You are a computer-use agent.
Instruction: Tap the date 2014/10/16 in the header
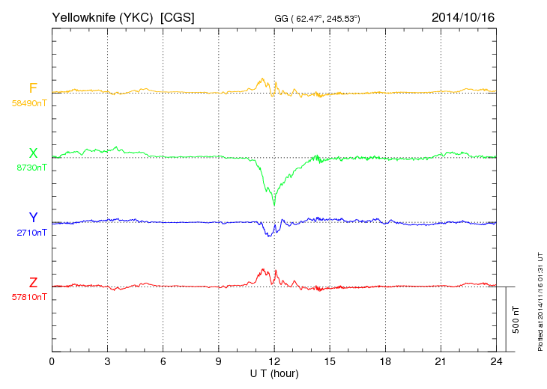pyautogui.click(x=462, y=17)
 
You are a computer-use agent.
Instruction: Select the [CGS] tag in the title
pyautogui.click(x=178, y=17)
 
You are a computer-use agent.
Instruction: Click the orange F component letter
pyautogui.click(x=33, y=88)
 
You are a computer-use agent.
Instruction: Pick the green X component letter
pyautogui.click(x=33, y=153)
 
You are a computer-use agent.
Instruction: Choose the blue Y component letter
pyautogui.click(x=33, y=218)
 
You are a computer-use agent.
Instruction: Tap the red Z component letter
pyautogui.click(x=33, y=282)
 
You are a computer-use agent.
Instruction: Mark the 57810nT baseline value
pyautogui.click(x=28, y=297)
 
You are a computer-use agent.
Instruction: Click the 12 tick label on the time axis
pyautogui.click(x=274, y=362)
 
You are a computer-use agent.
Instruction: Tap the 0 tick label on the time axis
pyautogui.click(x=52, y=362)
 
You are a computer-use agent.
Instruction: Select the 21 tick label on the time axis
pyautogui.click(x=441, y=362)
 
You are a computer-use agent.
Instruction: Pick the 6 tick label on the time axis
pyautogui.click(x=163, y=362)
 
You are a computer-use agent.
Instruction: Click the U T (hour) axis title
pyautogui.click(x=274, y=373)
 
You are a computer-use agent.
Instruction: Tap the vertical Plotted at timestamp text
pyautogui.click(x=540, y=299)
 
